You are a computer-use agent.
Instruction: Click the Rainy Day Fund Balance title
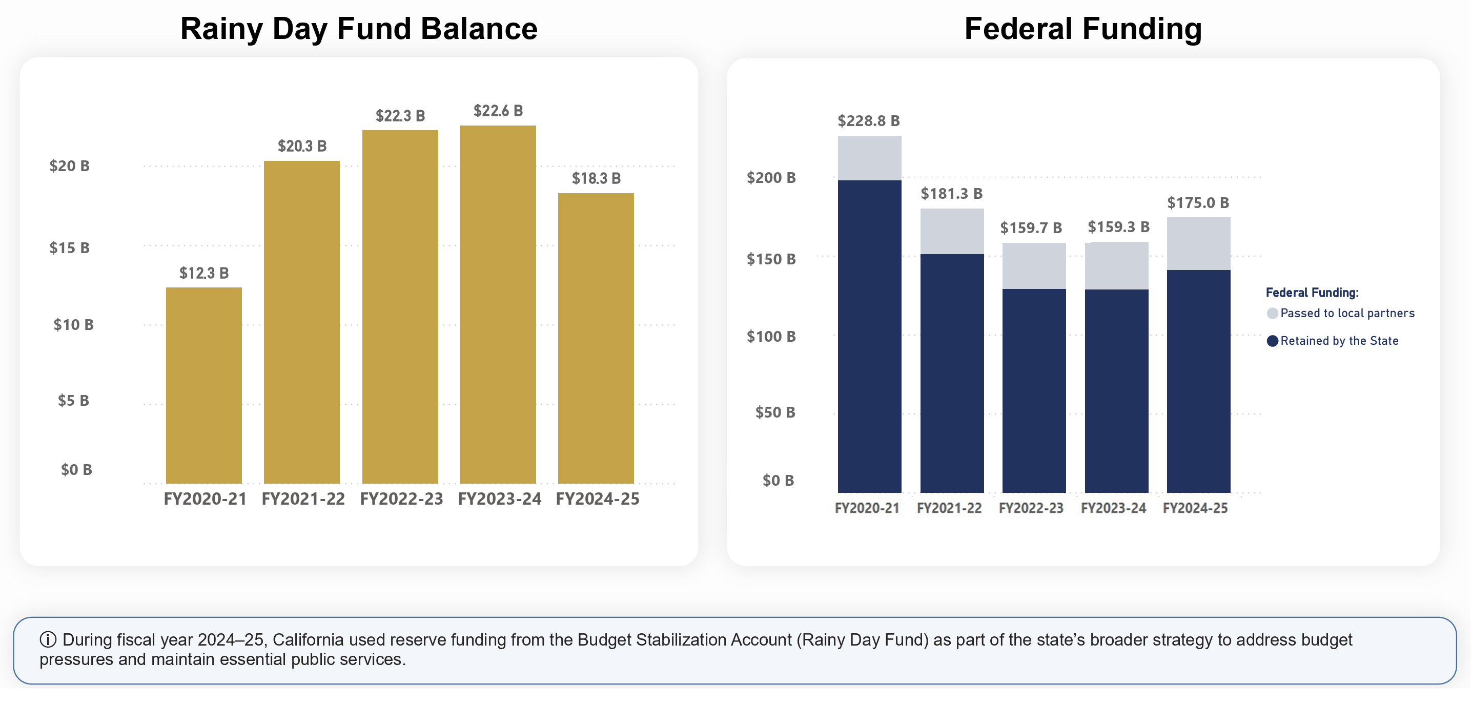tap(359, 29)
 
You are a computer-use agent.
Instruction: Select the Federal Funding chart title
tap(1083, 29)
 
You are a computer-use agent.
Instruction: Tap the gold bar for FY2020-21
tap(204, 385)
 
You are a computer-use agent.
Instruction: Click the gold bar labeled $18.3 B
tap(596, 338)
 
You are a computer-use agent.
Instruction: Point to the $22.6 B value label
tap(498, 111)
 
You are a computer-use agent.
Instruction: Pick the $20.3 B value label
tap(302, 146)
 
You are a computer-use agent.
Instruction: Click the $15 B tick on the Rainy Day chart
tap(70, 248)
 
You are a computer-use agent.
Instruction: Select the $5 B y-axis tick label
tap(74, 401)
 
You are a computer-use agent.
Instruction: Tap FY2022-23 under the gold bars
tap(402, 499)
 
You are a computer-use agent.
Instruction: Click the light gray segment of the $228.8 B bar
tap(870, 158)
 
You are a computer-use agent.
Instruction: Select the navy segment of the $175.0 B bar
tap(1199, 381)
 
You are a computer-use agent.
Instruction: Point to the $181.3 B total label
tap(952, 194)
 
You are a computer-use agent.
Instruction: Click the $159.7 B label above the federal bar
tap(1031, 228)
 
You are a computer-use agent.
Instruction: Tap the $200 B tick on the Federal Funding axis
tap(771, 178)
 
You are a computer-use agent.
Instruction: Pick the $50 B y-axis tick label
tap(775, 412)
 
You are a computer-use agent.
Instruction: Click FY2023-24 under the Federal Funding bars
tap(1114, 508)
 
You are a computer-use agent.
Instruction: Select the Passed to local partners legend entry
tap(1341, 313)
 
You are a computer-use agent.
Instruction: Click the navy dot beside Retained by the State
tap(1273, 341)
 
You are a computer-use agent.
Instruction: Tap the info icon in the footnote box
tap(48, 639)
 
